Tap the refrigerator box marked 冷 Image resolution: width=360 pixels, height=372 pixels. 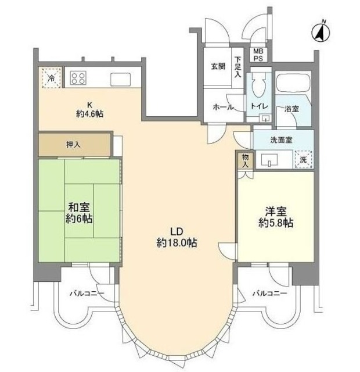(x=51, y=77)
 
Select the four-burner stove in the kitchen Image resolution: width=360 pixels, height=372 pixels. (x=79, y=78)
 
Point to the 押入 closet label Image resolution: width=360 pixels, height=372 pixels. (x=74, y=144)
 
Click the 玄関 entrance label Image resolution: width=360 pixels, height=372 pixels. (x=218, y=65)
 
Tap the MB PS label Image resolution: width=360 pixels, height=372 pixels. (x=257, y=55)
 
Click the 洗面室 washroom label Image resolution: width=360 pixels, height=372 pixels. (x=280, y=140)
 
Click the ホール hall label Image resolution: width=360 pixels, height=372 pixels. (x=222, y=107)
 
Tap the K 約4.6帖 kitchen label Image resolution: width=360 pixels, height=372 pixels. (x=89, y=109)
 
